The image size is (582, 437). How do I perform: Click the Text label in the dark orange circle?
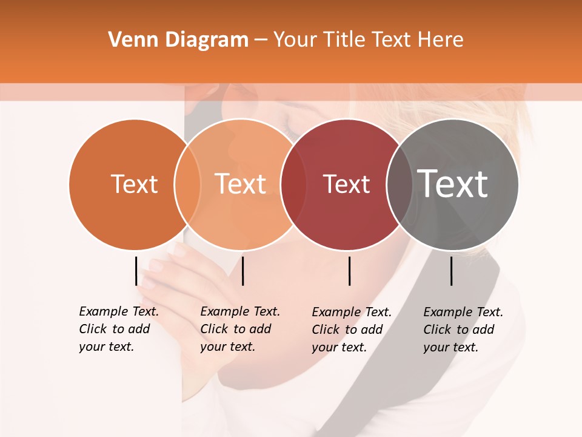tap(134, 184)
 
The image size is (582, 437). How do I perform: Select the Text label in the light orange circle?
tap(241, 184)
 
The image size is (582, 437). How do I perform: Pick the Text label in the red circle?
tap(346, 184)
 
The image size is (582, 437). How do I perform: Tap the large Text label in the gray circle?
tap(453, 184)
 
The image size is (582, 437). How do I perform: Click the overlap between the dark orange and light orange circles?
tap(187, 185)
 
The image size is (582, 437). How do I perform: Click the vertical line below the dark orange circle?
tap(136, 271)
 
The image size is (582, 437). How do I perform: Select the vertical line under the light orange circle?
tap(242, 271)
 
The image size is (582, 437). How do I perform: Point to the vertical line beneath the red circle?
tap(349, 271)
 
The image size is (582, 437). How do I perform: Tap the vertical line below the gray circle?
tap(451, 271)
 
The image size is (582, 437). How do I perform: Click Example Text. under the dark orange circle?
tap(119, 311)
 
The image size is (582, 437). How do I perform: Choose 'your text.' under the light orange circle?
tap(227, 347)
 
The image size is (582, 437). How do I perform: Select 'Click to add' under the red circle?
tap(347, 330)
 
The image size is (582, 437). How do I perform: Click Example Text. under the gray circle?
tap(463, 312)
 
